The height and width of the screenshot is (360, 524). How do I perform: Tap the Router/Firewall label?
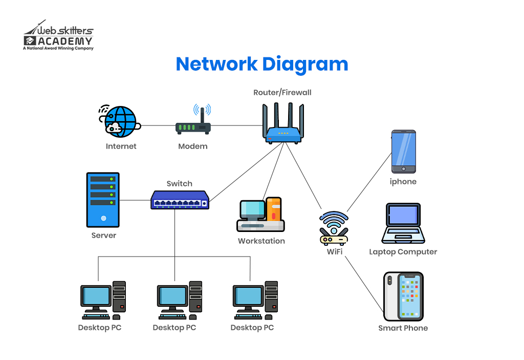click(x=282, y=93)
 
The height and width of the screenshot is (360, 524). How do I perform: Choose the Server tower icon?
click(x=103, y=200)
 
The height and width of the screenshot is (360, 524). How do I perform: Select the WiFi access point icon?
click(x=334, y=229)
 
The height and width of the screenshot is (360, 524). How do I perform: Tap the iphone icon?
click(x=403, y=152)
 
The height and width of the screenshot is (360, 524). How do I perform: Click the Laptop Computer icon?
click(x=403, y=223)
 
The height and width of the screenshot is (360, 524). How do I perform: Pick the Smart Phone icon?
click(x=403, y=297)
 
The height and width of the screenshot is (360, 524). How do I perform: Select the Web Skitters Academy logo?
click(x=58, y=36)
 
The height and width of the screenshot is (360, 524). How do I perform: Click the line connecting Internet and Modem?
click(x=158, y=125)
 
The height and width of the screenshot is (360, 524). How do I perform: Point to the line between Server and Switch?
click(x=135, y=200)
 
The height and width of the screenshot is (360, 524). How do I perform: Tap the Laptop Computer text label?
click(x=403, y=252)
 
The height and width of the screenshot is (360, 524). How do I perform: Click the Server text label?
click(x=104, y=236)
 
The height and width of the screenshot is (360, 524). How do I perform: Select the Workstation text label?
click(x=261, y=241)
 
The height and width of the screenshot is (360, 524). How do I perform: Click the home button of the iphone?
click(x=403, y=169)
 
